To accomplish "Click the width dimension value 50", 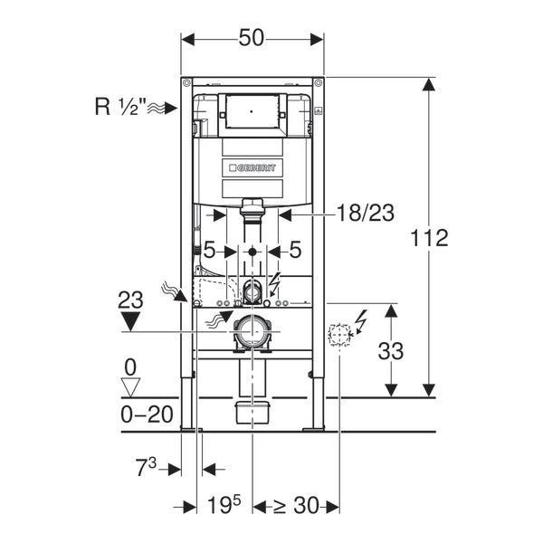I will (253, 39).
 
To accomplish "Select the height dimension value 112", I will (429, 238).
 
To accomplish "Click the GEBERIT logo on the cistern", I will (252, 167).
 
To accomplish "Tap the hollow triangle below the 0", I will (132, 386).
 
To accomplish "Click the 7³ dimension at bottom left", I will (146, 468).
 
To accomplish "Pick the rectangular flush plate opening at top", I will (253, 111).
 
